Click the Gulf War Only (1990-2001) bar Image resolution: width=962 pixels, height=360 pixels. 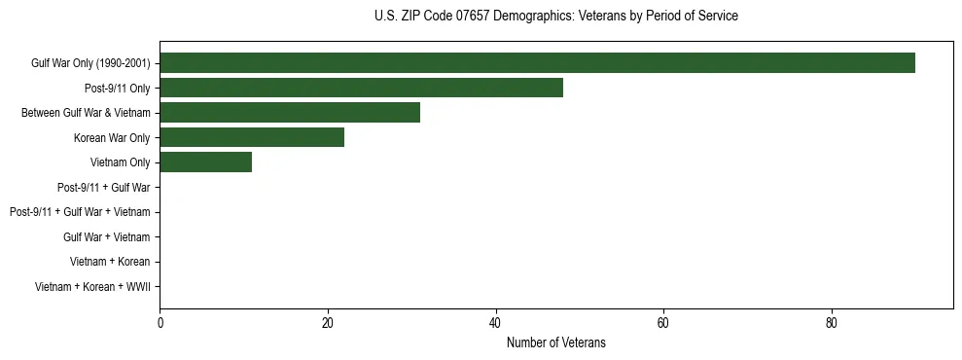click(537, 63)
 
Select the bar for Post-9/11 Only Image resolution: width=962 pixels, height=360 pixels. click(361, 89)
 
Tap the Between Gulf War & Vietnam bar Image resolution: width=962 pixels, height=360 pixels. click(290, 113)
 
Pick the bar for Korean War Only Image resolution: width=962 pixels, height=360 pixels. click(252, 137)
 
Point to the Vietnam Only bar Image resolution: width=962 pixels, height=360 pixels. click(205, 162)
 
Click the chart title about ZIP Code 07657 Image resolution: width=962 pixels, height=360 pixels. click(555, 17)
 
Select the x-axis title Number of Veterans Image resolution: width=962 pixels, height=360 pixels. click(555, 342)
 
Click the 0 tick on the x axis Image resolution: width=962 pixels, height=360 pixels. click(160, 323)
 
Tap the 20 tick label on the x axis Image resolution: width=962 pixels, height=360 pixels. click(328, 323)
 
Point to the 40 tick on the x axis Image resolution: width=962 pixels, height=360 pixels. click(496, 323)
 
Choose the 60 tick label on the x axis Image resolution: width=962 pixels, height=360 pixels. click(663, 323)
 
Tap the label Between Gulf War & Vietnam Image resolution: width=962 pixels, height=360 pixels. click(86, 114)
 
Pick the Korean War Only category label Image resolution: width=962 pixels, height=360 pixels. click(112, 138)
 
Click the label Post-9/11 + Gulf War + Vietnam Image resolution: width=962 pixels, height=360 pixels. click(80, 212)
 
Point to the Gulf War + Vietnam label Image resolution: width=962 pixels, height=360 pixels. click(106, 237)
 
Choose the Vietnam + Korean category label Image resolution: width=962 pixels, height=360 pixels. click(110, 262)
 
